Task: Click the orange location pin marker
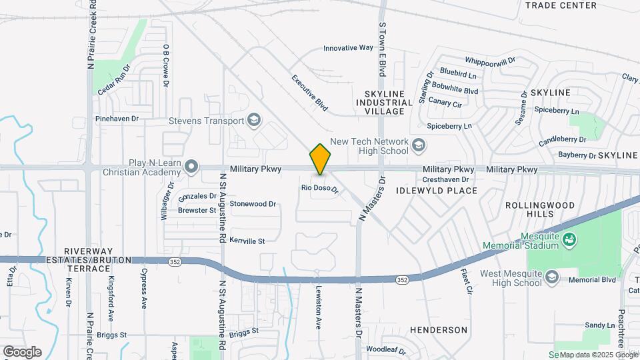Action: point(321,159)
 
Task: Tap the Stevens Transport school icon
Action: point(253,121)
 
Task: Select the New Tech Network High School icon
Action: point(419,145)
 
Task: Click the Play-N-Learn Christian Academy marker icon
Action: point(192,165)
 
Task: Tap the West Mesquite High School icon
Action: point(551,277)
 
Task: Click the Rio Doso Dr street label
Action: point(320,189)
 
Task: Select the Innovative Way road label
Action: point(348,48)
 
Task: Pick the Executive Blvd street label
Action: point(310,92)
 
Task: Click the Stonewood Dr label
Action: point(253,204)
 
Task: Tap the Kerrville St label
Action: point(247,241)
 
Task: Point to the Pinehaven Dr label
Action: point(117,119)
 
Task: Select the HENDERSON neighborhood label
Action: point(438,330)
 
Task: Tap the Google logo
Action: point(22,351)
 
